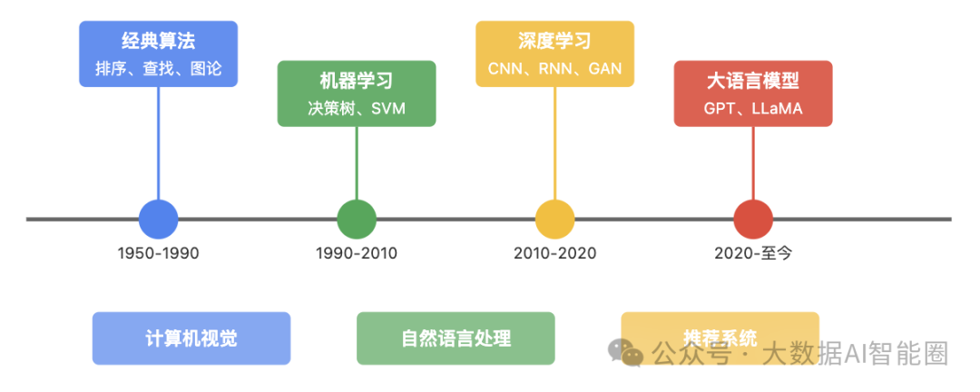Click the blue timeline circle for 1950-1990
[159, 219]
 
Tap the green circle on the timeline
[357, 219]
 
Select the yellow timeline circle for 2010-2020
[555, 219]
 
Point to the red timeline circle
[753, 219]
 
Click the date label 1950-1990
[159, 253]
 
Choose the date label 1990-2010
[357, 253]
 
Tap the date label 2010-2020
[555, 253]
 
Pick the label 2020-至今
[753, 253]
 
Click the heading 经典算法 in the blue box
[159, 41]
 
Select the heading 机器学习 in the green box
[357, 82]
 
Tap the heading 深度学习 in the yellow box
[555, 41]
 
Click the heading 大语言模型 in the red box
[753, 81]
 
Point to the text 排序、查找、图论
[159, 68]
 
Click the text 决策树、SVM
[357, 109]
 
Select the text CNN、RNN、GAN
[555, 69]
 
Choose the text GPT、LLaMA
[753, 109]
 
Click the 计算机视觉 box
[191, 338]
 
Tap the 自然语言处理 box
[456, 338]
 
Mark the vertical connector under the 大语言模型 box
[753, 163]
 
